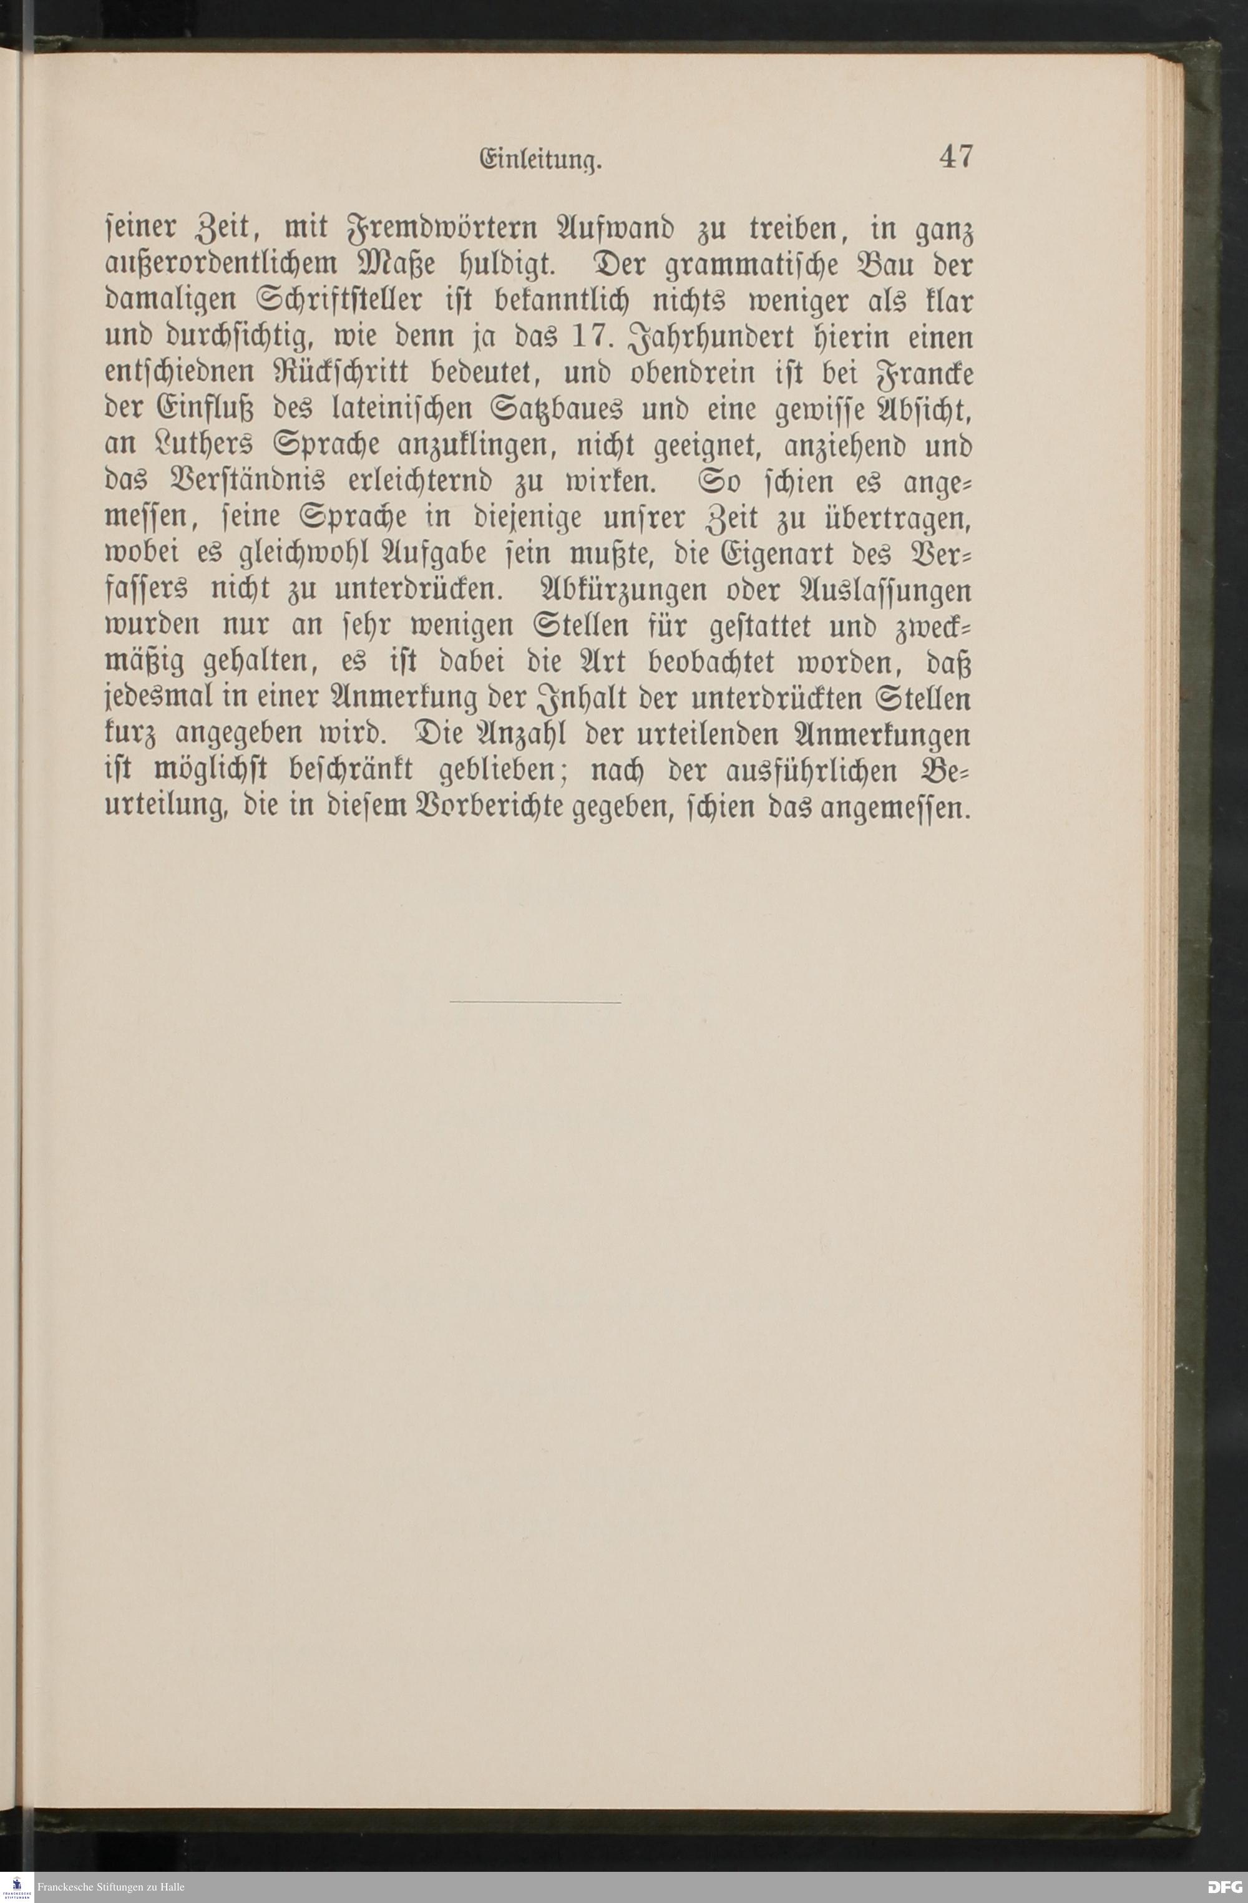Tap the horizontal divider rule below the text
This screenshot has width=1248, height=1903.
535,1002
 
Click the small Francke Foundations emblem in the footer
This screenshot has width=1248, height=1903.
17,1887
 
